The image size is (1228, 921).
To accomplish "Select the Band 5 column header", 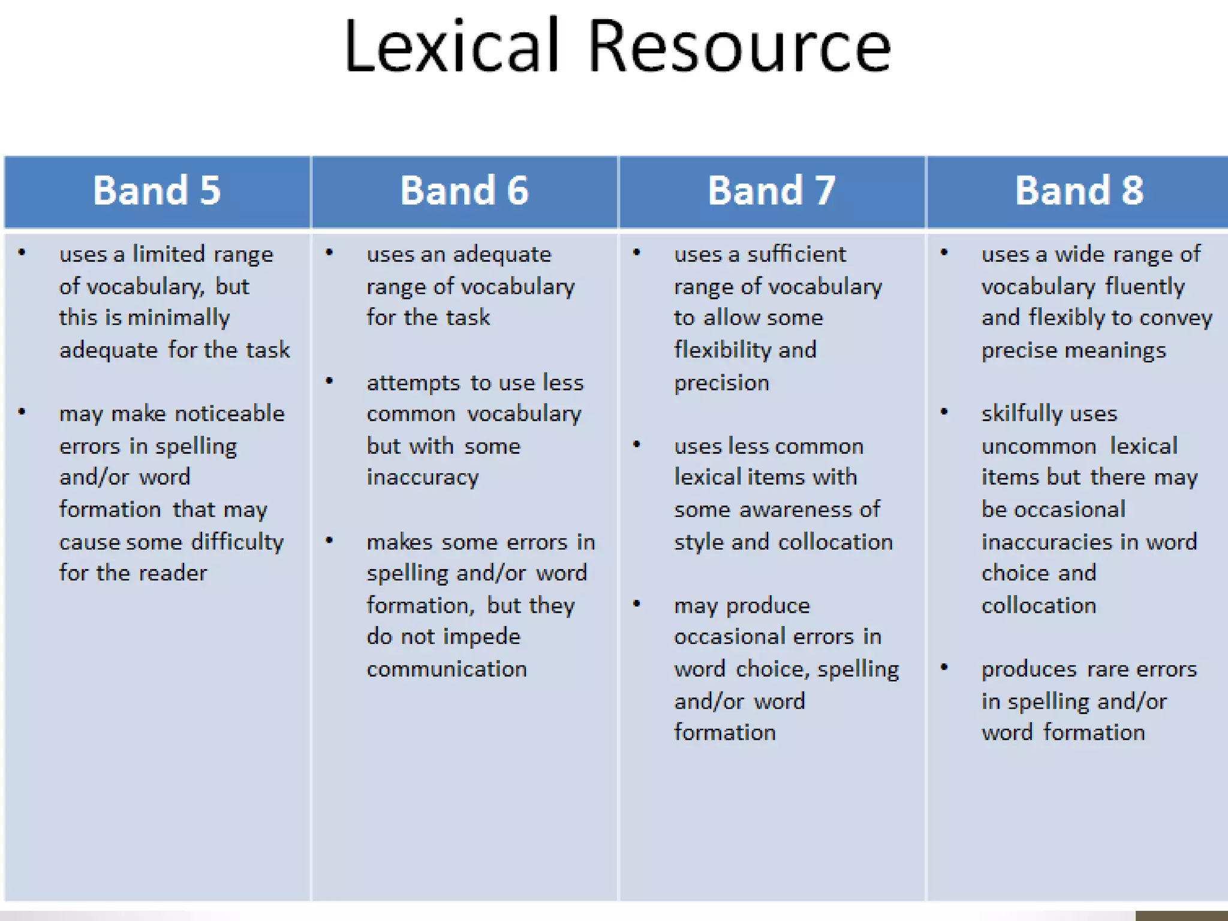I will pyautogui.click(x=157, y=191).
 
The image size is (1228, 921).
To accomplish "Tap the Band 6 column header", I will pyautogui.click(x=464, y=191).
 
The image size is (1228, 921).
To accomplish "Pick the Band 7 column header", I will pyautogui.click(x=772, y=191).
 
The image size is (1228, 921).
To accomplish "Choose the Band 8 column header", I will pyautogui.click(x=1079, y=191).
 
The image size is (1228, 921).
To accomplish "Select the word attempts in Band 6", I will pyautogui.click(x=413, y=383).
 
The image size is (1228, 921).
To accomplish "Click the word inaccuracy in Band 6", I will pyautogui.click(x=423, y=477).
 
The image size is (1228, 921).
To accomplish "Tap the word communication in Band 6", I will pyautogui.click(x=447, y=669).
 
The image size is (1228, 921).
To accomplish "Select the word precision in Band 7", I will pyautogui.click(x=721, y=383).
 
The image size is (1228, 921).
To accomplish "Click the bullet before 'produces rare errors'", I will pyautogui.click(x=944, y=667).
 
